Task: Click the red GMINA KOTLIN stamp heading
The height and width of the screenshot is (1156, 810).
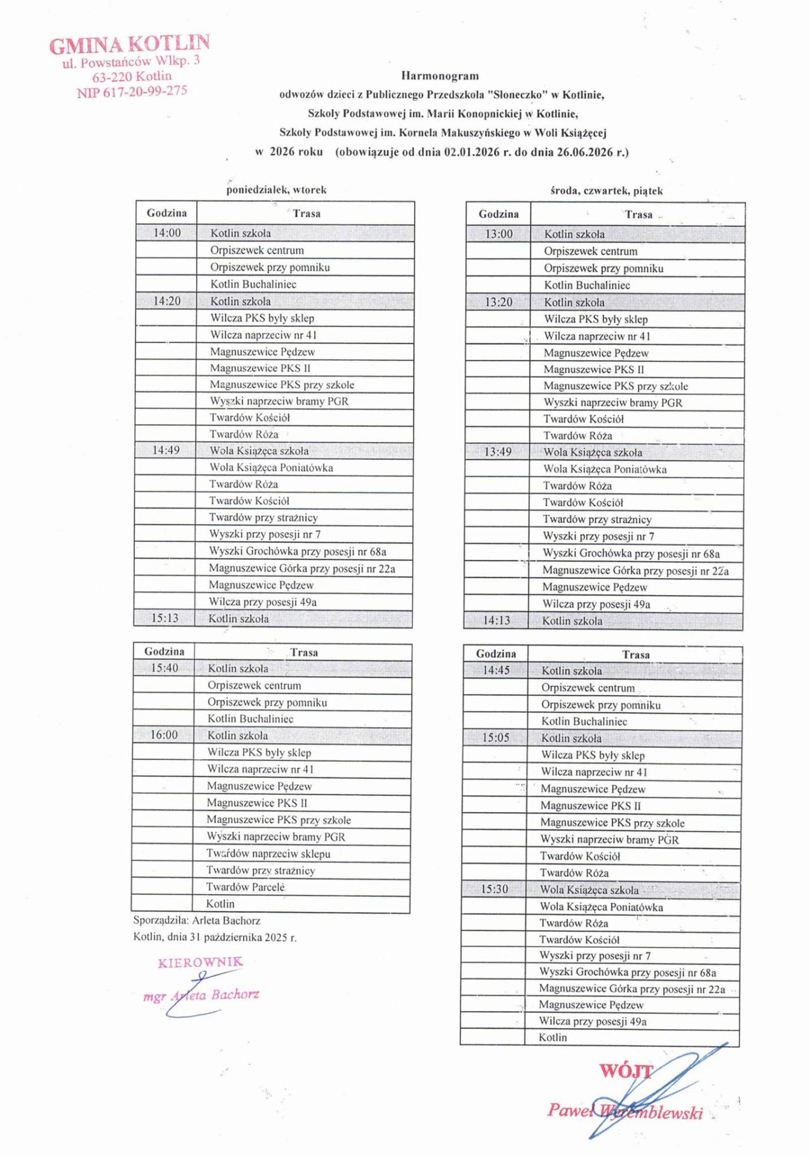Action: (x=129, y=45)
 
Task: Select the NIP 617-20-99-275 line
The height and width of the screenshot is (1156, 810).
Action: (x=132, y=92)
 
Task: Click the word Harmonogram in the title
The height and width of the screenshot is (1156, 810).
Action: (x=440, y=76)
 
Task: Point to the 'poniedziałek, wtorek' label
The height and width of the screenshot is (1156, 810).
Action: (x=276, y=190)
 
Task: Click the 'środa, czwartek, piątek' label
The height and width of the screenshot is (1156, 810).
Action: (x=607, y=191)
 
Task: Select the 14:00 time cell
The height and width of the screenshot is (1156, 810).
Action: (x=167, y=233)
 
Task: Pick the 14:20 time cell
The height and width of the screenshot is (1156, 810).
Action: (x=167, y=301)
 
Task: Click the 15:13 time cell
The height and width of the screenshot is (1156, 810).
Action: (x=164, y=618)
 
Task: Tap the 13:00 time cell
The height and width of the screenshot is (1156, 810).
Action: (x=499, y=234)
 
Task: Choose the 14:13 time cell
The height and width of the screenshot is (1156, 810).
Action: (x=496, y=621)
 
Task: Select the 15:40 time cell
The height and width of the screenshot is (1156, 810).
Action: (x=164, y=668)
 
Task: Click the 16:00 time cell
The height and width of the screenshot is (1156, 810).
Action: (x=164, y=735)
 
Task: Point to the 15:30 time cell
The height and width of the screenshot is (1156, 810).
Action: (x=494, y=889)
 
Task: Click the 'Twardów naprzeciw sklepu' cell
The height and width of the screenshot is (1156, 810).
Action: (x=268, y=854)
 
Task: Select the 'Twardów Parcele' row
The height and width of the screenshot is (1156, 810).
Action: (x=246, y=887)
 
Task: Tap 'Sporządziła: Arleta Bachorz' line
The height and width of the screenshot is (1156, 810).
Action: (x=197, y=921)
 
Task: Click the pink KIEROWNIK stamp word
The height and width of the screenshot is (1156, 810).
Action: (x=200, y=962)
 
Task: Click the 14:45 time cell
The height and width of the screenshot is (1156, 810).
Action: (x=496, y=671)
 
